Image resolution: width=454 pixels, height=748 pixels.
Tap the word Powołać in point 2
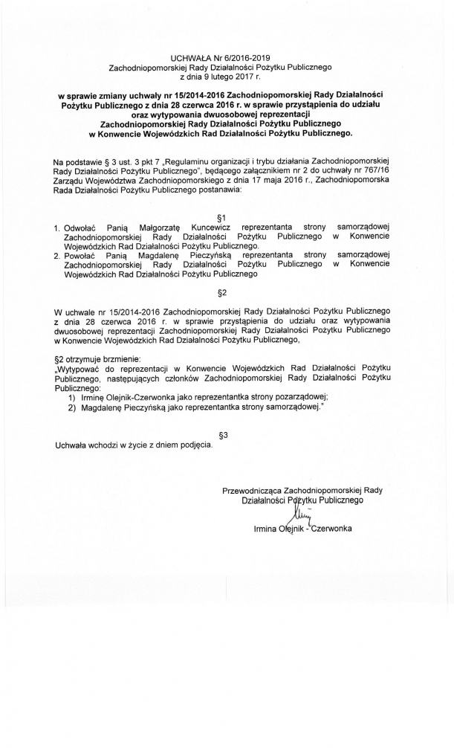81,254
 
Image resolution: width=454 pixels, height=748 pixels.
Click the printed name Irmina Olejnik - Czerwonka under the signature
302,528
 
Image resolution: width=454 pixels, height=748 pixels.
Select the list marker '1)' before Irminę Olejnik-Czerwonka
72,397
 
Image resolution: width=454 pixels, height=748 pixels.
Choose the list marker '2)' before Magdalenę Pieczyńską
72,407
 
